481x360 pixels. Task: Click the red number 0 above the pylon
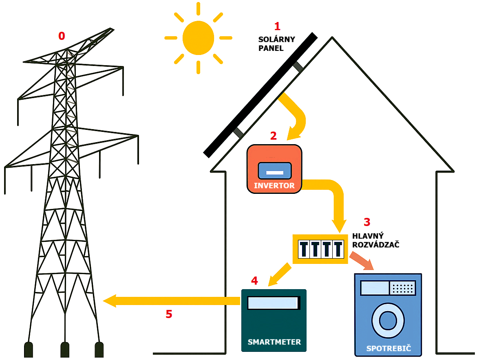tap(62, 36)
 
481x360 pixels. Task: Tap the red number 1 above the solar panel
tap(278, 27)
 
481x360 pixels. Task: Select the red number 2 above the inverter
tap(274, 136)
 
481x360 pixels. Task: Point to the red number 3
tap(367, 222)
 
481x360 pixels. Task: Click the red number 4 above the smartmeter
tap(254, 281)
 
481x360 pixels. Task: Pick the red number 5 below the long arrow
tap(169, 314)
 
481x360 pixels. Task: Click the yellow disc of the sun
tap(198, 38)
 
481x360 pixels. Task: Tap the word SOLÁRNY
tap(276, 40)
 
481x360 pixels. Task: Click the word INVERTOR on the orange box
tap(274, 186)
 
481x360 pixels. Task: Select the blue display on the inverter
tap(274, 171)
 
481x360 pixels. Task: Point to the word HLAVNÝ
tap(368, 236)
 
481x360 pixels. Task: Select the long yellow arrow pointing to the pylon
tap(171, 301)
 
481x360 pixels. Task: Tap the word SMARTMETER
tap(274, 342)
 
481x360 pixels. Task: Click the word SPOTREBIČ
tap(388, 349)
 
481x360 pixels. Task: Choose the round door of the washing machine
tap(388, 320)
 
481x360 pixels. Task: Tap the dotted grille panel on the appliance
tap(402, 288)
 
